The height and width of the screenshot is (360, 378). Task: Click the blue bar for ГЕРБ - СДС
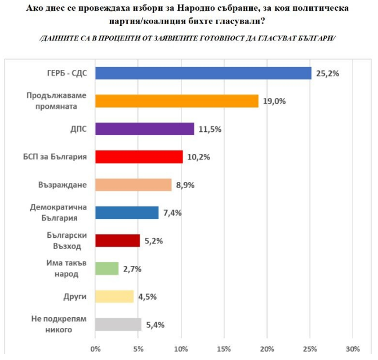[203, 73]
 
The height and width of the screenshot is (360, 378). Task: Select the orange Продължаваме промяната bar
[176, 101]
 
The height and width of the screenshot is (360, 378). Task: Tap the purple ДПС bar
[144, 128]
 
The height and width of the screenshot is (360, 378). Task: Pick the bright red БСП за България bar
[139, 157]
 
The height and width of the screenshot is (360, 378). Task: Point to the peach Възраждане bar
[133, 185]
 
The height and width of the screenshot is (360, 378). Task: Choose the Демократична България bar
[127, 212]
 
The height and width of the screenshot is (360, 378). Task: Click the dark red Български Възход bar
[117, 241]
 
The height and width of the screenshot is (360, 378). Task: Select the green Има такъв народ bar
[106, 269]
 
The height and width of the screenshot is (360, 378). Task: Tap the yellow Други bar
[114, 296]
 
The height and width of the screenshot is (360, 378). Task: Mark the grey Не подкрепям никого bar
[118, 325]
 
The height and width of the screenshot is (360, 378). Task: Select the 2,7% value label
[131, 269]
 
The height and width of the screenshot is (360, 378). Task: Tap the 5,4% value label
[154, 325]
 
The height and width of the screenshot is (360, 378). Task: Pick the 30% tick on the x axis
[352, 348]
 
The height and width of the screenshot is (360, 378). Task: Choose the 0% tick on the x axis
[95, 348]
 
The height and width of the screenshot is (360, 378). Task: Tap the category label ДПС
[78, 128]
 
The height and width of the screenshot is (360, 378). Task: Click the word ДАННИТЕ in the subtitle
[61, 37]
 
